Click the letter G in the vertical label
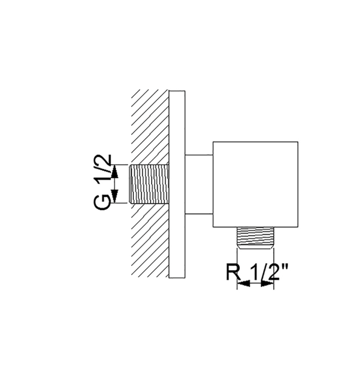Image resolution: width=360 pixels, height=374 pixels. click(x=102, y=202)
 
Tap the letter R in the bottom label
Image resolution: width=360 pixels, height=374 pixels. click(x=233, y=272)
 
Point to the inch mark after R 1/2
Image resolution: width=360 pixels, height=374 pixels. click(x=285, y=267)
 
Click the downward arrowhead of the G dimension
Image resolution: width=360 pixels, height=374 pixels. click(x=115, y=196)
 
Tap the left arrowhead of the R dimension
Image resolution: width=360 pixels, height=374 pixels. click(x=244, y=283)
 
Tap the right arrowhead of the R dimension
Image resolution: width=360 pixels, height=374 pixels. click(x=267, y=283)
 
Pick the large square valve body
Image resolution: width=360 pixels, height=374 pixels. click(x=255, y=184)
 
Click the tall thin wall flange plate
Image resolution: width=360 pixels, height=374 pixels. click(x=177, y=184)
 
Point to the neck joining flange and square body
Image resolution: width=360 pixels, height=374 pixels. click(x=199, y=184)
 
